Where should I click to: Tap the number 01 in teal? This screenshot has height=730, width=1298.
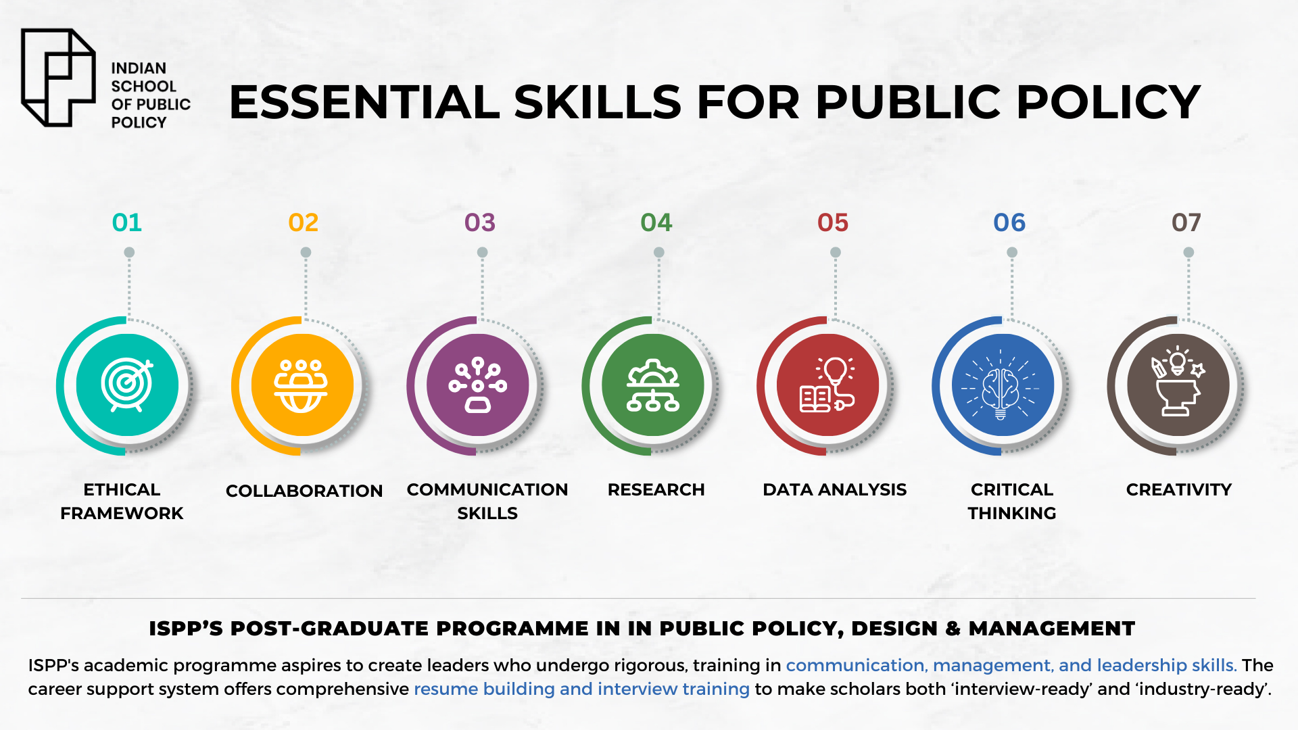127,222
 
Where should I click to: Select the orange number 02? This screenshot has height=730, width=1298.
303,222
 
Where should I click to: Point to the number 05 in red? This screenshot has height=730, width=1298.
833,222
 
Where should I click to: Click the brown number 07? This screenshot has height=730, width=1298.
1186,222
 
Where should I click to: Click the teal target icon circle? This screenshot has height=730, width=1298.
127,385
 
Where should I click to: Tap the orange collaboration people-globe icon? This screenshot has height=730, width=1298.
302,385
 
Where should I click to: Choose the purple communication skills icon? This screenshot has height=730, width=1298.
477,385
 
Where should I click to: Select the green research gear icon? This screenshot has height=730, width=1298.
652,385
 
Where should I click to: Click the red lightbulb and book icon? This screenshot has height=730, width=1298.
827,385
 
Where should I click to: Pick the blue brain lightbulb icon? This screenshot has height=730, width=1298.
1003,385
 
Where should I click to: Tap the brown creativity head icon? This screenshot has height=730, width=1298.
1178,385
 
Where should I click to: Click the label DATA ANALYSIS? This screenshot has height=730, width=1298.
835,489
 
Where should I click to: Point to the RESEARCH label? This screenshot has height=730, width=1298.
656,489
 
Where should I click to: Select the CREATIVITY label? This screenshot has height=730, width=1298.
1179,489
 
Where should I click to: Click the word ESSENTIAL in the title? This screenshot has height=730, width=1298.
364,102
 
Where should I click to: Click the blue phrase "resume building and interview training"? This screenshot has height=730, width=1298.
581,689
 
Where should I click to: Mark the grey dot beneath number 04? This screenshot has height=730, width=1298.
659,252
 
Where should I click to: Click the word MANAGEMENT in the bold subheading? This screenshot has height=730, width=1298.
1052,628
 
